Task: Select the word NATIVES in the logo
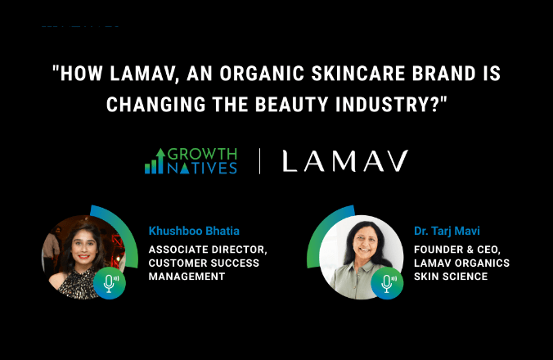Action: [x=204, y=169]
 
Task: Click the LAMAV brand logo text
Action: [x=344, y=161]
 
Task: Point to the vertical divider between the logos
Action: [x=260, y=161]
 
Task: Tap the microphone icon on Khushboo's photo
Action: [x=109, y=282]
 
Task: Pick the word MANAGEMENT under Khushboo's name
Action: [x=186, y=277]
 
